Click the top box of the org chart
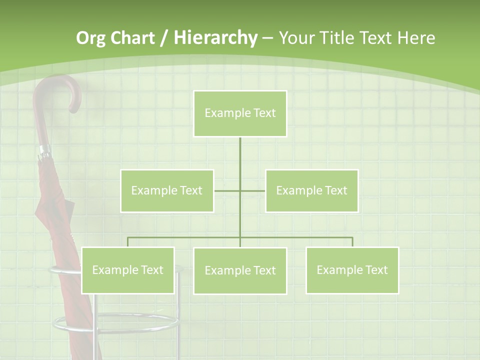click(x=240, y=113)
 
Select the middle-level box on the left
click(x=167, y=190)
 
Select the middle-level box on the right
click(x=311, y=190)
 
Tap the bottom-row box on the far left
click(x=127, y=270)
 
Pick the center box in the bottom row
click(x=240, y=270)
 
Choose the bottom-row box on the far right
click(x=352, y=270)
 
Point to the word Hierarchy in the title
click(x=215, y=38)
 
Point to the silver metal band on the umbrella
click(x=44, y=150)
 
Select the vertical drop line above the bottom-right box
click(x=352, y=242)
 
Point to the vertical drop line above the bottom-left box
click(x=127, y=242)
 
